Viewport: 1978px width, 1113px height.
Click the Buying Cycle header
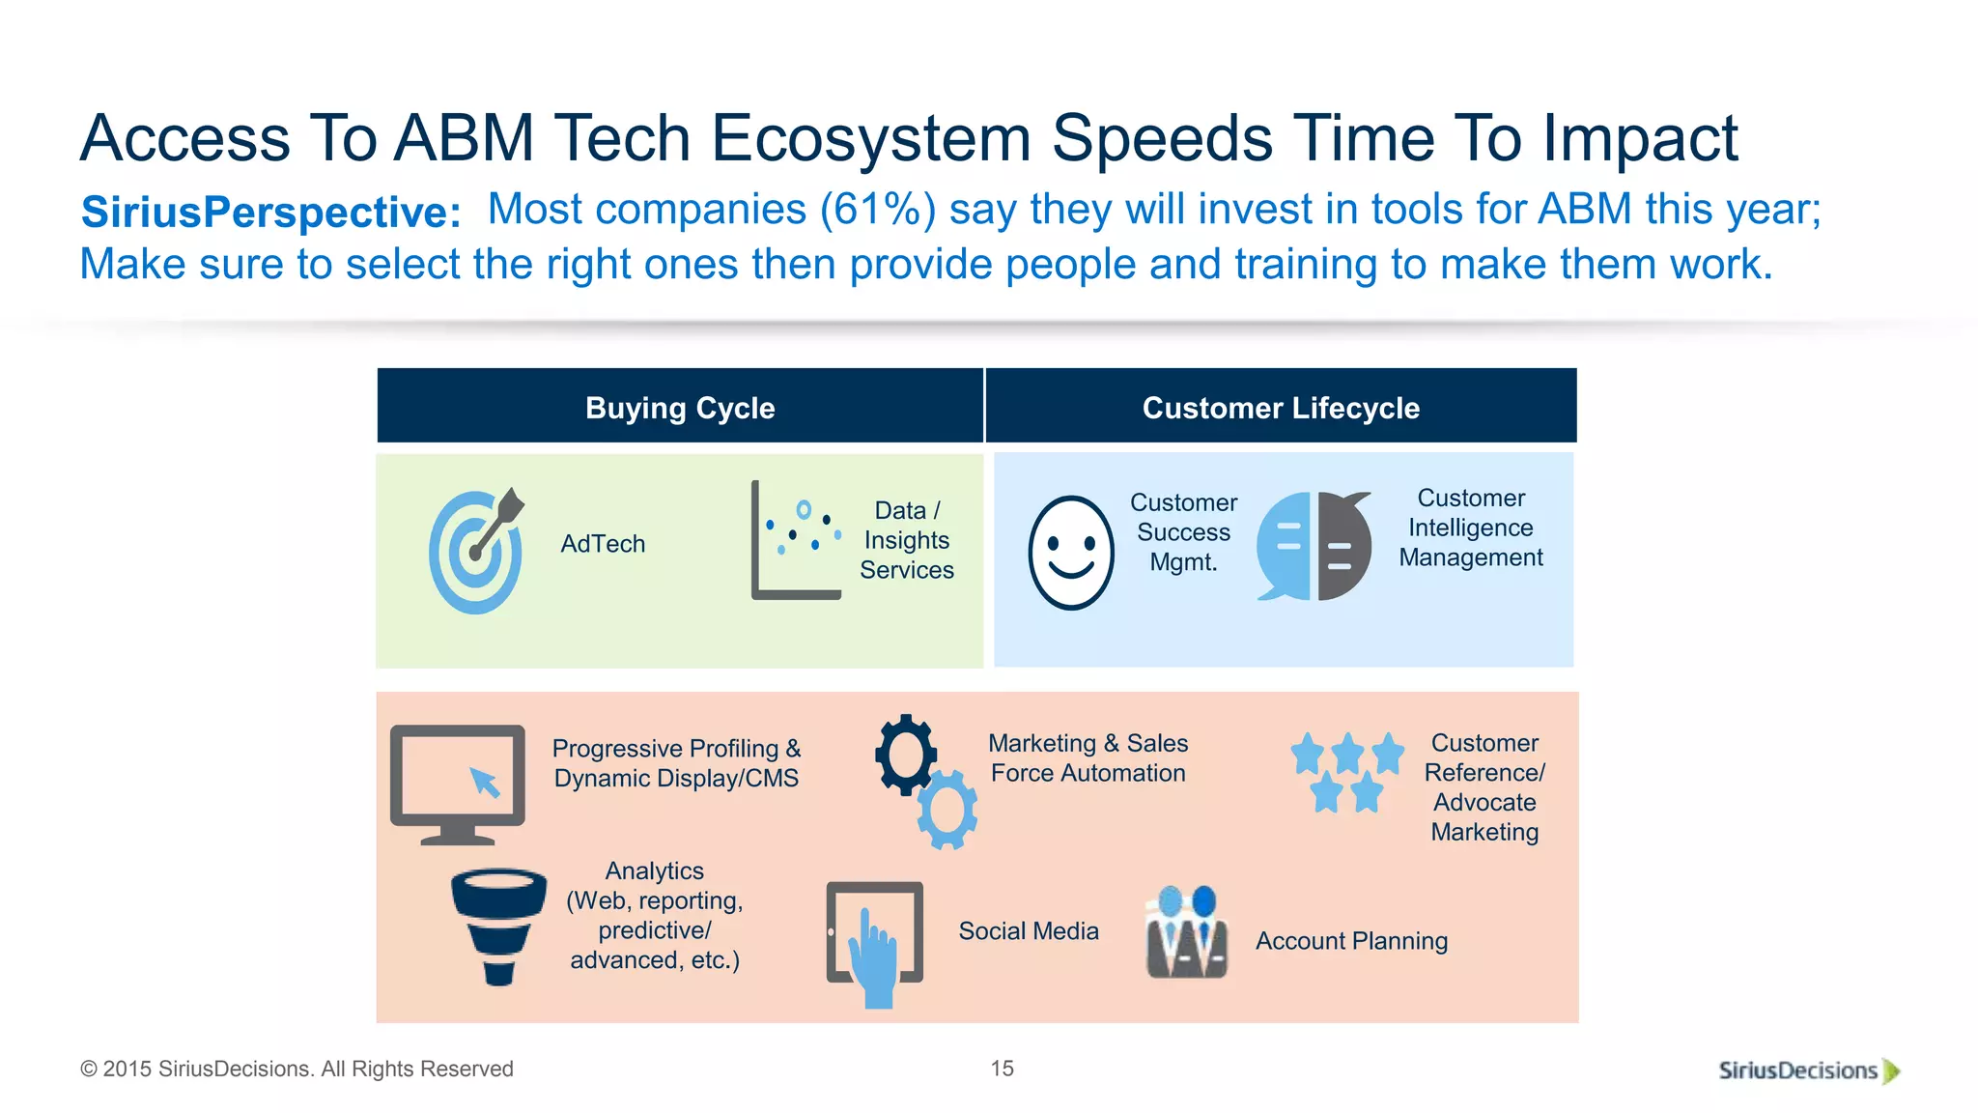pos(680,408)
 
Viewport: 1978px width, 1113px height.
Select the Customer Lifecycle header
pos(1281,408)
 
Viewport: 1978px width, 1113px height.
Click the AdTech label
pos(603,544)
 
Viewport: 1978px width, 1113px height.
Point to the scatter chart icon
pos(795,541)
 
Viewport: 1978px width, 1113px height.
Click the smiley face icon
pos(1070,553)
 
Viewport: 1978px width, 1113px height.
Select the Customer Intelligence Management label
pos(1470,528)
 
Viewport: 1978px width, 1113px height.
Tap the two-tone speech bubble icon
pos(1314,546)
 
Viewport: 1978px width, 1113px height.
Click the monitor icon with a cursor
pos(458,784)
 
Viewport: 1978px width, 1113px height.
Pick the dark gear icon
pos(905,755)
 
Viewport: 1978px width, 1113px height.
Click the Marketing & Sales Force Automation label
pos(1088,758)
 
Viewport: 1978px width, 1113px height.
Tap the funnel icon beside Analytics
pos(498,926)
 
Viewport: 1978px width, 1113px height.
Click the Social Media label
pos(1029,930)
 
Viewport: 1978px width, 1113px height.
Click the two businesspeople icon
pos(1186,933)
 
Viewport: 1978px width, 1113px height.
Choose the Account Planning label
pos(1351,941)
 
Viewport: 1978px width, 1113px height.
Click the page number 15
pos(1002,1069)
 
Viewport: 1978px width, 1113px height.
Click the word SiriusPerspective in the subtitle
pos(270,213)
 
